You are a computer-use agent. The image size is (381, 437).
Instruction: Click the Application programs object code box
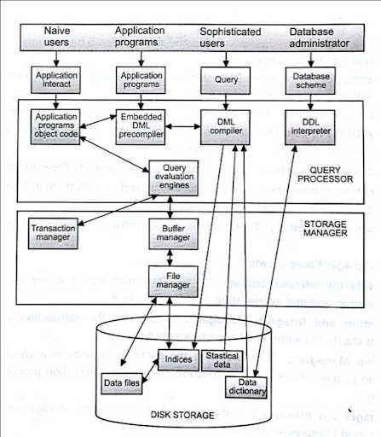(x=57, y=127)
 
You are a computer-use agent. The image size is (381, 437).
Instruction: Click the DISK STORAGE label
(x=182, y=416)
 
